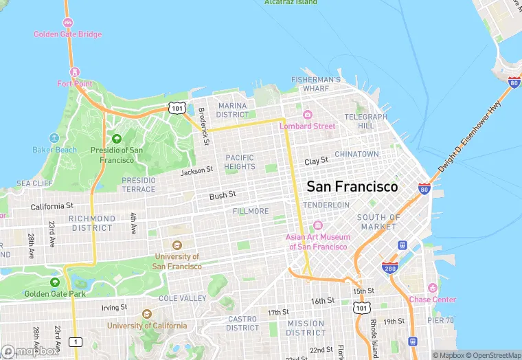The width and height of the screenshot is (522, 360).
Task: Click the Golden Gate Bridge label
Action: tap(68, 34)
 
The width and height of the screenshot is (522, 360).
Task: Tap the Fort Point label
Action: tap(74, 83)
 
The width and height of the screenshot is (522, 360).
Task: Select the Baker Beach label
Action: tap(55, 149)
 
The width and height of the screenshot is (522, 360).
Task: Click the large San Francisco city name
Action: tap(352, 186)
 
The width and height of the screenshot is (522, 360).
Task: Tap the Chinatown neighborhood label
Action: tap(356, 155)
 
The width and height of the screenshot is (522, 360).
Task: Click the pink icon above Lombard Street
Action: tap(307, 114)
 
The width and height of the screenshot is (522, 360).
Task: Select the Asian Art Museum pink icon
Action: tap(317, 225)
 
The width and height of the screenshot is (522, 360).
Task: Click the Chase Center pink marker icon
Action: tap(432, 287)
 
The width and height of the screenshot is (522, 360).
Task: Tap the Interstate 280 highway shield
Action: tap(390, 267)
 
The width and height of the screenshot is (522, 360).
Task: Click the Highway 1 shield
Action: tap(76, 341)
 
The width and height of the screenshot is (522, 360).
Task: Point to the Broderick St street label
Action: tap(203, 126)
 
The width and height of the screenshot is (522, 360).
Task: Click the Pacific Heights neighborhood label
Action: tap(240, 162)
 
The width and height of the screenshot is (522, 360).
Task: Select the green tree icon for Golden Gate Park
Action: tap(54, 282)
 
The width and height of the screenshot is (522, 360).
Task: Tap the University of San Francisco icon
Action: tap(177, 245)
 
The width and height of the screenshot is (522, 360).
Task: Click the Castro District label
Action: tap(242, 324)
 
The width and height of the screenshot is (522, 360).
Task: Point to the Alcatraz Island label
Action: tap(291, 3)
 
